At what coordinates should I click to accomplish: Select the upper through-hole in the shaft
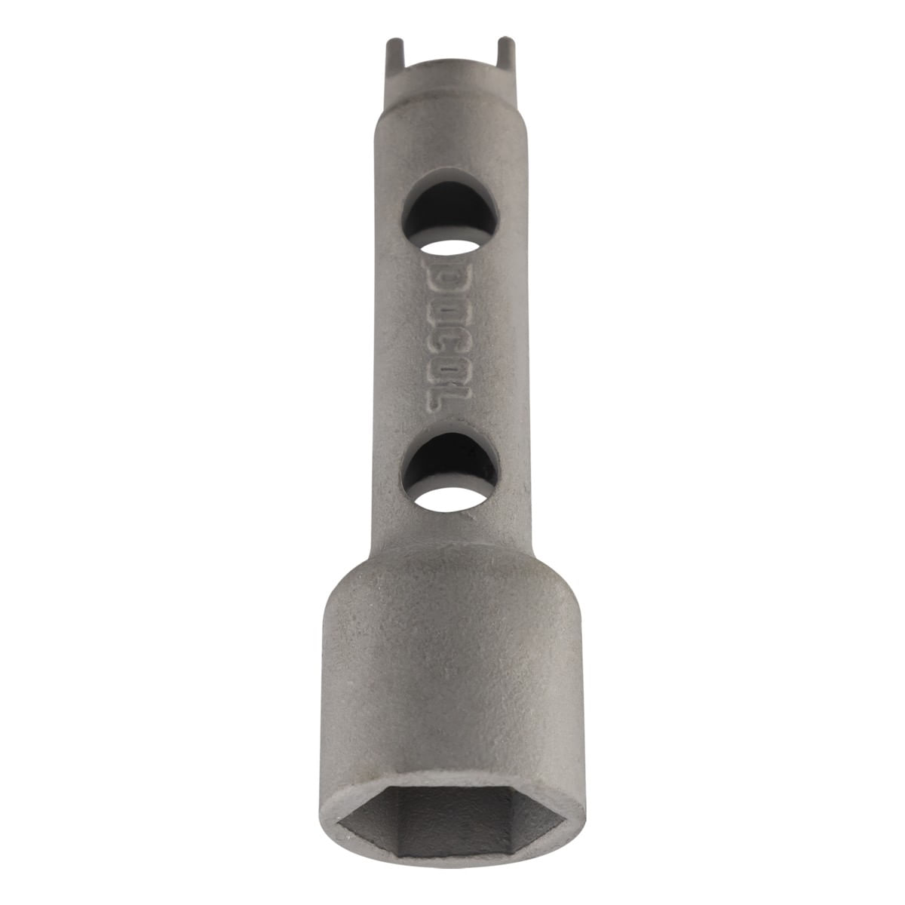tap(450, 219)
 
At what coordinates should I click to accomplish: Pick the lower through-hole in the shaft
tap(450, 471)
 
